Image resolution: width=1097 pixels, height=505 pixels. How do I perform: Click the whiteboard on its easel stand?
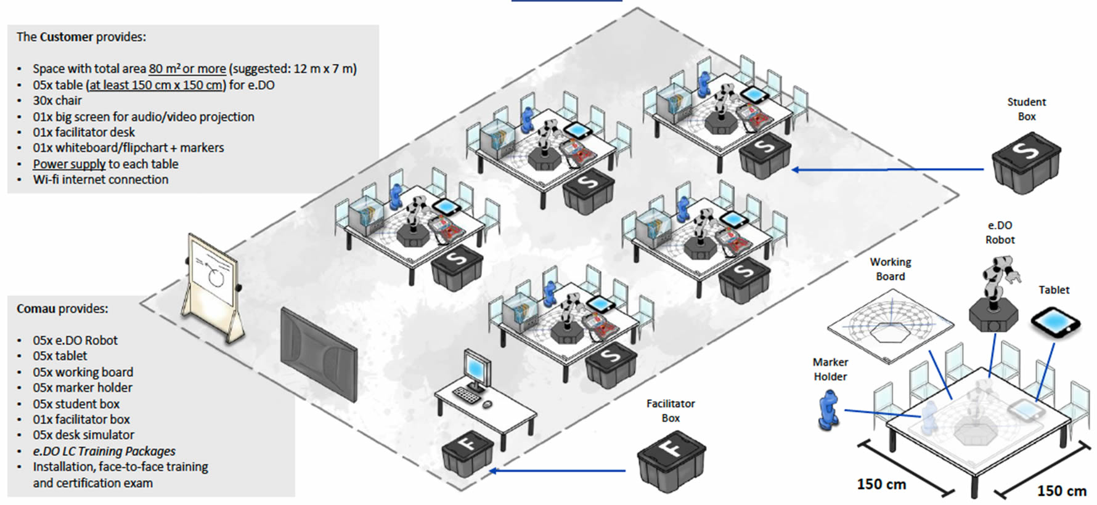click(x=213, y=271)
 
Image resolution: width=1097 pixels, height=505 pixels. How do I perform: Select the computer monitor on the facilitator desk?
click(x=476, y=370)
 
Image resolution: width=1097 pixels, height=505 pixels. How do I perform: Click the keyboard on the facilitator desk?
click(x=467, y=395)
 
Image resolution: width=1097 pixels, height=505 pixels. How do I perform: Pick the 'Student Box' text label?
click(x=1026, y=109)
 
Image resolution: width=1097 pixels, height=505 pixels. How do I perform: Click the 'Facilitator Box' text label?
click(x=671, y=411)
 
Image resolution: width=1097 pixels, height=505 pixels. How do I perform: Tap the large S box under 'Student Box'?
click(x=1026, y=163)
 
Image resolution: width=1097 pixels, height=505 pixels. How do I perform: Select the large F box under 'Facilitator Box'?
click(x=671, y=460)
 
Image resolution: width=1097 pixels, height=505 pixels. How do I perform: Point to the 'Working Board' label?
click(x=891, y=269)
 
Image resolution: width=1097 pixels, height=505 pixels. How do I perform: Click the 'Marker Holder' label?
click(x=830, y=370)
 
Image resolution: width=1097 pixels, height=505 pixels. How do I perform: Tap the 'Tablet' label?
click(x=1054, y=290)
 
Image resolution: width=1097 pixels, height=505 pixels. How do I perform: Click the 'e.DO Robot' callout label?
click(x=1000, y=233)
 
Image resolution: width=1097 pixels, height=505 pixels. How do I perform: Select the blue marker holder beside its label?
click(x=828, y=412)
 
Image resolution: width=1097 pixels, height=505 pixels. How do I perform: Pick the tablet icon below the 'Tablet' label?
click(x=1055, y=322)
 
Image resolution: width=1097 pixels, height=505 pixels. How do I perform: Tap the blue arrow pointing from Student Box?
click(x=887, y=169)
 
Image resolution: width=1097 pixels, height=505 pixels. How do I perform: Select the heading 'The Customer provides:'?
click(x=81, y=37)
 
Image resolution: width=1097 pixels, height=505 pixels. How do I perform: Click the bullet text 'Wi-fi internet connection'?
click(x=100, y=180)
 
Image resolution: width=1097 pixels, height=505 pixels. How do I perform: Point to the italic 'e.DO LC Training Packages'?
click(x=104, y=451)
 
